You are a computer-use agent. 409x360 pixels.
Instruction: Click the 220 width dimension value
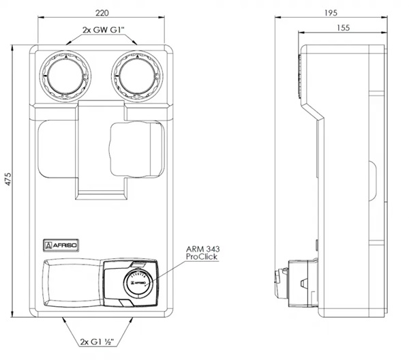102,13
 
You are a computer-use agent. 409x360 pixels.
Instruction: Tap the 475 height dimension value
8,179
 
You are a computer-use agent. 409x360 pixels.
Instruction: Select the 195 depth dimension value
331,13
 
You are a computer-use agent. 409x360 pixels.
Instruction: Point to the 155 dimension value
343,28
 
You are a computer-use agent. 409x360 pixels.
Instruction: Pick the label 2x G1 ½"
97,342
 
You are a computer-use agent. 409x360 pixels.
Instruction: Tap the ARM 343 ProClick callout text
202,253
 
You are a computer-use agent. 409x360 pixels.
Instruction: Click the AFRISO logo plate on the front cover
61,245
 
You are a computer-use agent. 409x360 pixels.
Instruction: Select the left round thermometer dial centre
65,76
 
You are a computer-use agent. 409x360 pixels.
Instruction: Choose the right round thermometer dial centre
137,76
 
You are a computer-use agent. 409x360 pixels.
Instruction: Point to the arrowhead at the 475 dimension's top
12,48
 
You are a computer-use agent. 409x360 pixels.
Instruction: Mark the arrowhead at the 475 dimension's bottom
12,314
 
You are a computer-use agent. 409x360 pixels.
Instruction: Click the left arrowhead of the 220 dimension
41,17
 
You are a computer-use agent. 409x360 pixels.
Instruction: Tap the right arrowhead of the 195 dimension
384,17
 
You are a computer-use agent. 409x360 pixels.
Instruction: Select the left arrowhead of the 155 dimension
301,32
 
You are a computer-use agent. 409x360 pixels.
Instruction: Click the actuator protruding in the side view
296,283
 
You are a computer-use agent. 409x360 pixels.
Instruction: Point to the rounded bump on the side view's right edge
372,181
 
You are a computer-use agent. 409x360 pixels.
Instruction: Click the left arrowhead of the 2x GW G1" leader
69,42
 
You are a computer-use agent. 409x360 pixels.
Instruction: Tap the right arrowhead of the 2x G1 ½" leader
131,320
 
